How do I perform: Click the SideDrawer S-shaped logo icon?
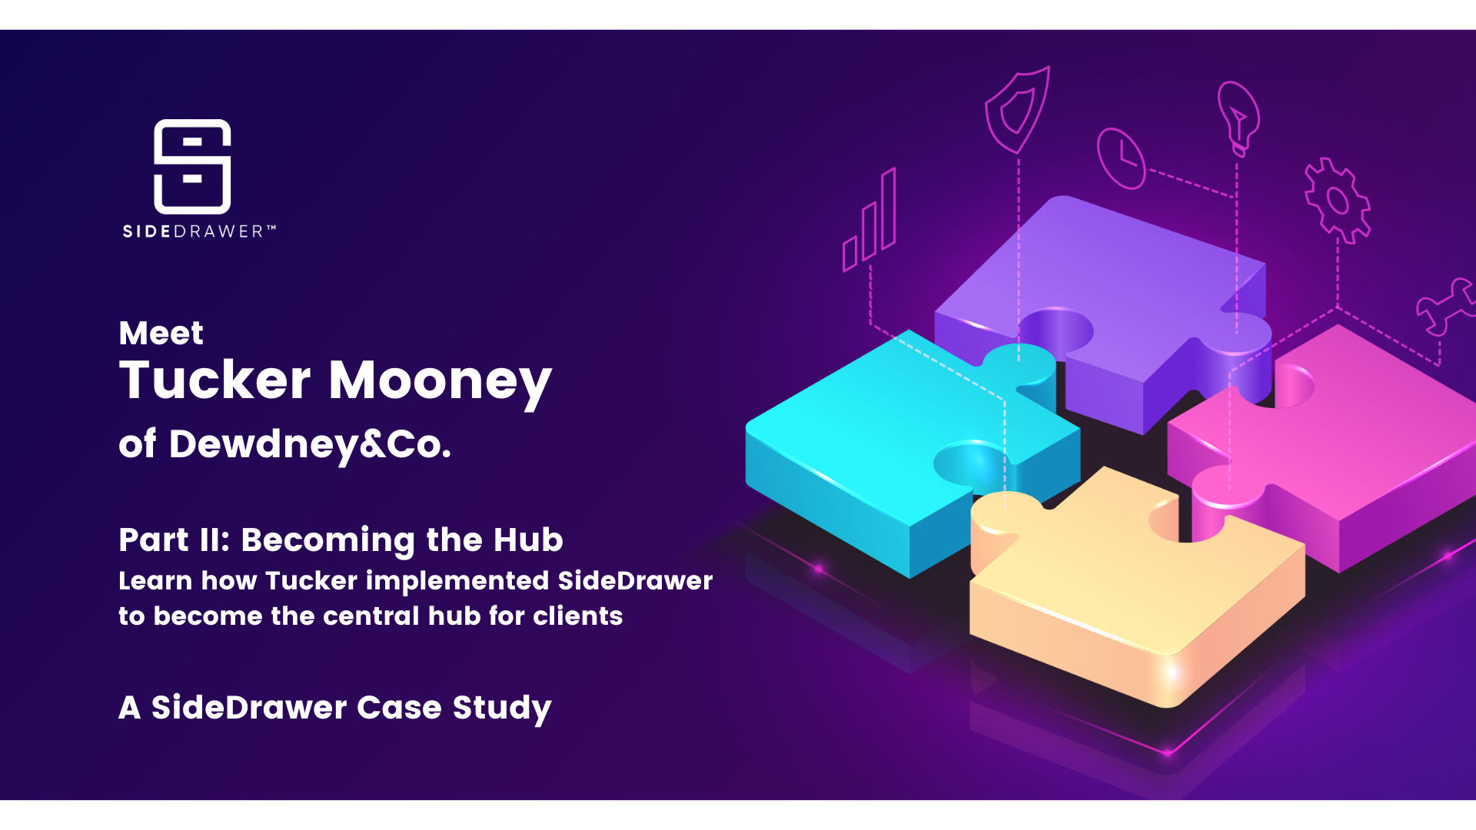click(x=192, y=166)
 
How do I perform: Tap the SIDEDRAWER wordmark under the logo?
click(x=198, y=231)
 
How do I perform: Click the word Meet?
click(x=161, y=334)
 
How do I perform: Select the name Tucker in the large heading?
click(x=214, y=380)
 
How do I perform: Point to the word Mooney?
click(x=440, y=381)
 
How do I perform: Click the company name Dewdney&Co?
click(x=309, y=444)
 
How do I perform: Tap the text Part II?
click(x=175, y=539)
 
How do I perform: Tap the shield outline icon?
click(x=1017, y=110)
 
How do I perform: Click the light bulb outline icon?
click(x=1238, y=118)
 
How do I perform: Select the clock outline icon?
click(x=1121, y=158)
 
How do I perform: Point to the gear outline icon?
click(x=1338, y=201)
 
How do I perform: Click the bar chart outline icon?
click(x=869, y=222)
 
